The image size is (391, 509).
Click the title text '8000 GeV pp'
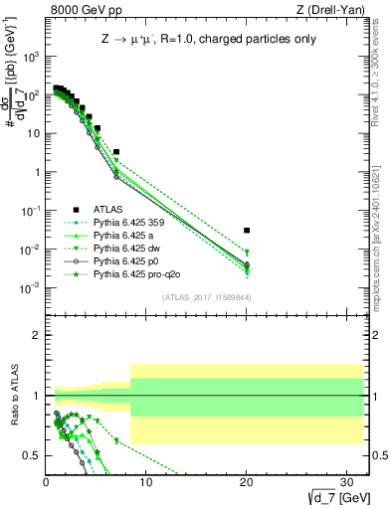click(x=79, y=10)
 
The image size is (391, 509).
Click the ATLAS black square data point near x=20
click(x=247, y=230)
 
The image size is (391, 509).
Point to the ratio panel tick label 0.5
click(x=32, y=455)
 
